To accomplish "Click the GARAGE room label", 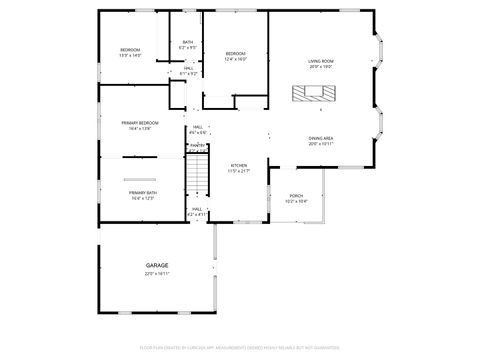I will (x=157, y=265).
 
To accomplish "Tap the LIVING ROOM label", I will (x=320, y=61).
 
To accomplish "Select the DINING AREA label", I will (x=321, y=138).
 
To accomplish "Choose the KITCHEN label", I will (x=239, y=165).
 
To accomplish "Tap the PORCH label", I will (x=296, y=195).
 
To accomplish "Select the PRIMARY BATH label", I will (x=142, y=192).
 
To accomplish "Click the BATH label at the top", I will (x=188, y=42).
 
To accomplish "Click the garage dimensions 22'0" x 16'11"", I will (x=157, y=273).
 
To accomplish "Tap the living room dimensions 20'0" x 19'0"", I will (x=320, y=67).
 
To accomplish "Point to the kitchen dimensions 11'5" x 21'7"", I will (x=239, y=171).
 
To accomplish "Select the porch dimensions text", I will (x=296, y=201).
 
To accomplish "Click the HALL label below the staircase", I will (x=197, y=209).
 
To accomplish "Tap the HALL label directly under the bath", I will (x=188, y=68).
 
